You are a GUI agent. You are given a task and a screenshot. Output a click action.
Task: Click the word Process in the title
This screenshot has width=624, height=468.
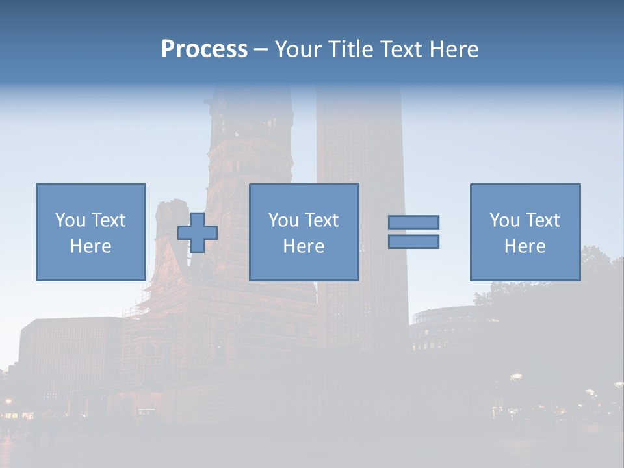pos(204,49)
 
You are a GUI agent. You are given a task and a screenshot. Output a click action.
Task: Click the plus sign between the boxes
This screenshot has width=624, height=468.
pos(198,233)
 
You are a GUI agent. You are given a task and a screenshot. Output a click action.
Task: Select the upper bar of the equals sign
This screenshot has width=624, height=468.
pos(413,222)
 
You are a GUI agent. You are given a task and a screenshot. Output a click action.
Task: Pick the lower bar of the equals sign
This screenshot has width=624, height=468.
pos(413,241)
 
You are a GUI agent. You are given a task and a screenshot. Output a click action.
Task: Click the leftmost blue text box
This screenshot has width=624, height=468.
pos(91,195)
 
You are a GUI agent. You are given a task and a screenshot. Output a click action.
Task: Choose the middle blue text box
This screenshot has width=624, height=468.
pos(304,195)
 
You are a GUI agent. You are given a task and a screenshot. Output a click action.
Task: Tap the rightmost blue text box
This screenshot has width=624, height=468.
pos(525,195)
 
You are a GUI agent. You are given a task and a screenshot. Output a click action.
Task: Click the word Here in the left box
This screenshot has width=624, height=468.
pos(91,246)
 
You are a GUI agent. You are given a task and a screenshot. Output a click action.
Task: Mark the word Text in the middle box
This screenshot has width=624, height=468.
pos(321,220)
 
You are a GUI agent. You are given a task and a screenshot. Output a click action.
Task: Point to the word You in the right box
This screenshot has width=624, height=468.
pos(504,220)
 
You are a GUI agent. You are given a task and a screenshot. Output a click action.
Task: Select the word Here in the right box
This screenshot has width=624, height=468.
pos(525,246)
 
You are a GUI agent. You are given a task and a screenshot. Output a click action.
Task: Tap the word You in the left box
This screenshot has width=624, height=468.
pos(70,220)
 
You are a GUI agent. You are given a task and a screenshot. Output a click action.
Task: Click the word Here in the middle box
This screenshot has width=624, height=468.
pos(304,246)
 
